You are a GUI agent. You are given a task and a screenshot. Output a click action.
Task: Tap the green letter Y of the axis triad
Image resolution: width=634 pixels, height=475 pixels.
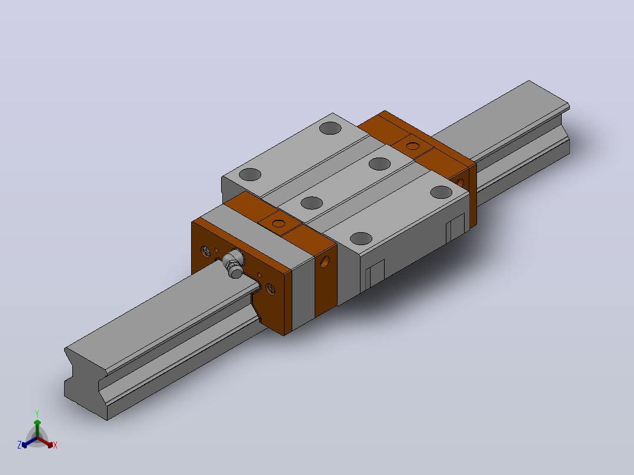37,413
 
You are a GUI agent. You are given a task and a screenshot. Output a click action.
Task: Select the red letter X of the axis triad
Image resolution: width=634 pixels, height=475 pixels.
55,445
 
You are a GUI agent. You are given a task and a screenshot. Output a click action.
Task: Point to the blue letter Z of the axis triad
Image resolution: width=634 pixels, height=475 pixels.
19,444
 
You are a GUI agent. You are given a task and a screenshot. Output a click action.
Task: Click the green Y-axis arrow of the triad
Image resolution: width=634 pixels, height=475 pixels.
37,429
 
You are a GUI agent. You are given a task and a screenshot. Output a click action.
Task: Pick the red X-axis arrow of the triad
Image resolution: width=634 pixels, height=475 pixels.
45,442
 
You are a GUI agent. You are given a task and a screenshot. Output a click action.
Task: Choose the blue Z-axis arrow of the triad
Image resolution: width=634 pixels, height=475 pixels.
29,442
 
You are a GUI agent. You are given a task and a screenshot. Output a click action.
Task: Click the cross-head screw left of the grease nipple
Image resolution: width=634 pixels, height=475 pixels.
205,252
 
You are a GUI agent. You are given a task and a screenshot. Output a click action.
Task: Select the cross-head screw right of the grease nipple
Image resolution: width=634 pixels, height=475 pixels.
270,289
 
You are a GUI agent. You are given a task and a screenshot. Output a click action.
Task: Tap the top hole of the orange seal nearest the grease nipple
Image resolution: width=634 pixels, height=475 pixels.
279,223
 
